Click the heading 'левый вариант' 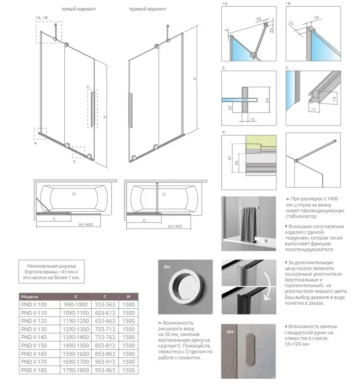tap(78, 9)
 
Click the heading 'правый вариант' tap(147, 9)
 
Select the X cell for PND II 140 tap(76, 337)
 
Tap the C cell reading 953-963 tap(105, 370)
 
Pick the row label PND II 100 tap(34, 304)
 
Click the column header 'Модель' tap(29, 296)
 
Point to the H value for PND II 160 tap(129, 354)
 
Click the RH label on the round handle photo tap(167, 267)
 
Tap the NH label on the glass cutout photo tap(230, 332)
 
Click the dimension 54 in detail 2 tap(267, 100)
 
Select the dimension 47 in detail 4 tap(230, 158)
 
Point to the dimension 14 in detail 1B tap(316, 18)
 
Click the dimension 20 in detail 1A tap(259, 19)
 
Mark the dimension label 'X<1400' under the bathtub tap(86, 224)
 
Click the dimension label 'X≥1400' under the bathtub tap(175, 226)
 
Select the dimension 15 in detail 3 tap(334, 99)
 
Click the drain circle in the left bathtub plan tap(74, 194)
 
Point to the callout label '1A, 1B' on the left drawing tap(42, 18)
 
